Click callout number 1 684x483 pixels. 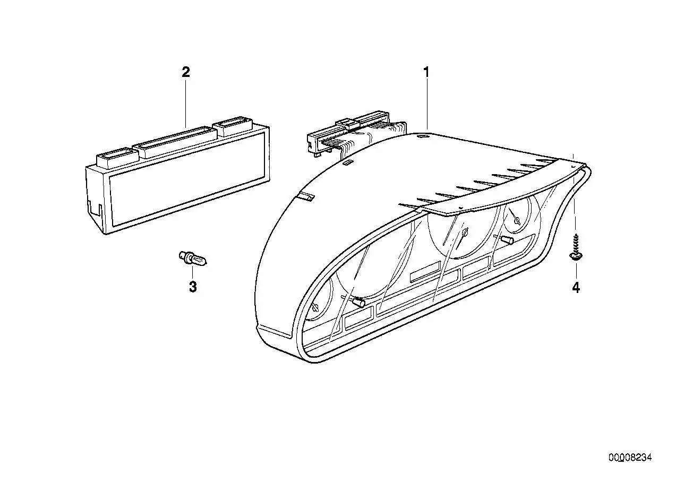click(x=426, y=73)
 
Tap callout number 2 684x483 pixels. click(x=186, y=73)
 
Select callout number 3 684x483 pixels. click(x=193, y=287)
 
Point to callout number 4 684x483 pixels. click(x=576, y=288)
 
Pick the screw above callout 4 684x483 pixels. click(x=575, y=252)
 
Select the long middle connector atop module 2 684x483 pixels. click(x=176, y=142)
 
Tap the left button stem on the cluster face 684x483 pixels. click(x=358, y=303)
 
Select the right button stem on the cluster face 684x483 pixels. click(x=507, y=240)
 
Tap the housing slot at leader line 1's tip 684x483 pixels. click(x=423, y=136)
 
